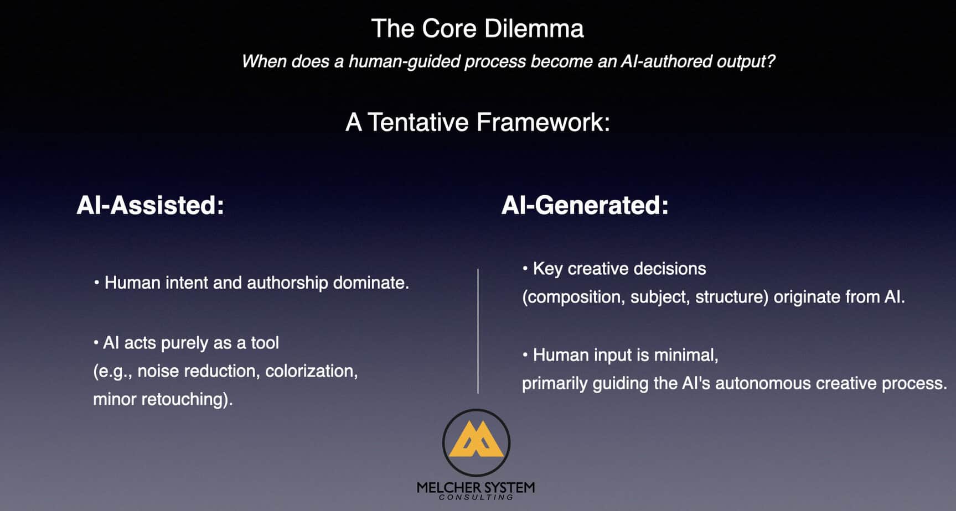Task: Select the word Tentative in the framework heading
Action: (x=418, y=122)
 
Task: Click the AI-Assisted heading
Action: (x=150, y=205)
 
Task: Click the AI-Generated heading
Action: (x=585, y=205)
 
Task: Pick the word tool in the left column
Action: (x=265, y=343)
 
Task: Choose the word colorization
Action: (x=311, y=371)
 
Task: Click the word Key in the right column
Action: (x=547, y=269)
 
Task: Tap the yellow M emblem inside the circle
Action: (x=476, y=440)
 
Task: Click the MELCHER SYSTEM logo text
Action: (x=476, y=487)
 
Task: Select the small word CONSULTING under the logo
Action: (x=476, y=497)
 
